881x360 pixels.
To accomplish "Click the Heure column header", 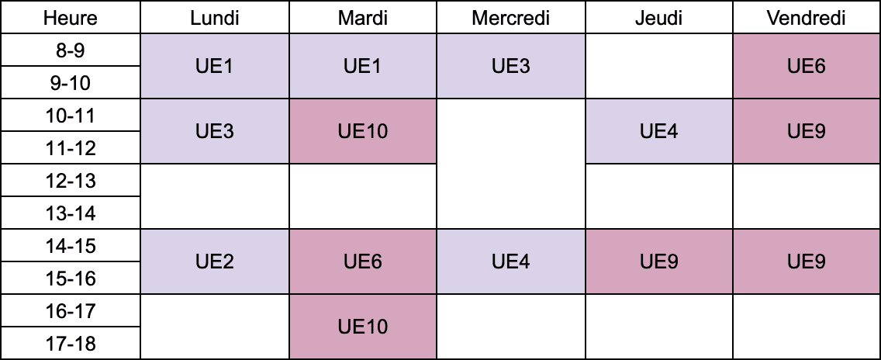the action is pos(71,17).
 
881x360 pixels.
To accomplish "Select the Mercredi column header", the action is pos(511,17).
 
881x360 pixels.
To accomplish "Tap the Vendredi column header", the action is pos(807,17).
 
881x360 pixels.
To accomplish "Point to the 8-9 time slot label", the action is pos(71,50).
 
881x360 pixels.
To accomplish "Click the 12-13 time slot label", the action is pos(71,181).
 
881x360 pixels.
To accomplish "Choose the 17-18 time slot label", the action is pos(71,343).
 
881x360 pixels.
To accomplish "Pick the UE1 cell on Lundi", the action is pos(215,67).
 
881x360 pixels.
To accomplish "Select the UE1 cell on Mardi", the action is pos(363,67).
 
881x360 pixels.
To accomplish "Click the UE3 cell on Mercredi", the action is pos(511,67).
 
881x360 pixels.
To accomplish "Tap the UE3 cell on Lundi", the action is pos(215,132).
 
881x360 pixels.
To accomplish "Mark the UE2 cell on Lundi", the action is pos(215,261).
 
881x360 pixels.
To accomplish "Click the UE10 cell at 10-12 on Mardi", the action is pos(363,132).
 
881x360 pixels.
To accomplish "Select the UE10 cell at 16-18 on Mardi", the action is pos(363,327).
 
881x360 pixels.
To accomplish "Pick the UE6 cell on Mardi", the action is pos(363,261).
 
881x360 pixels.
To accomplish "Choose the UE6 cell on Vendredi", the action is pos(807,67).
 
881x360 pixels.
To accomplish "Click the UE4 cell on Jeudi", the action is pos(659,132).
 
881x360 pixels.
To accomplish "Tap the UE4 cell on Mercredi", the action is pos(511,261).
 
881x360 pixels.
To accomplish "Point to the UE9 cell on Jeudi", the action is pos(659,261).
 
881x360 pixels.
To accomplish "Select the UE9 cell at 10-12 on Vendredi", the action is pos(807,132).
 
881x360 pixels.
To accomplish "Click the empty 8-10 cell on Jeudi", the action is pos(659,67).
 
